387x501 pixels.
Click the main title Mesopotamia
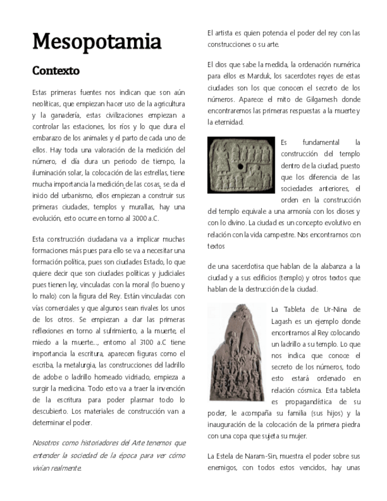click(x=96, y=42)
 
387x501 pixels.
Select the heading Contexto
click(x=56, y=71)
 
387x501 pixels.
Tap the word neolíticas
click(x=47, y=104)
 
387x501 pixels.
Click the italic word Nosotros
click(x=47, y=443)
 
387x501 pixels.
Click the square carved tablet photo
click(x=241, y=165)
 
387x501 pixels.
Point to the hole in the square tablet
click(x=240, y=167)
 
